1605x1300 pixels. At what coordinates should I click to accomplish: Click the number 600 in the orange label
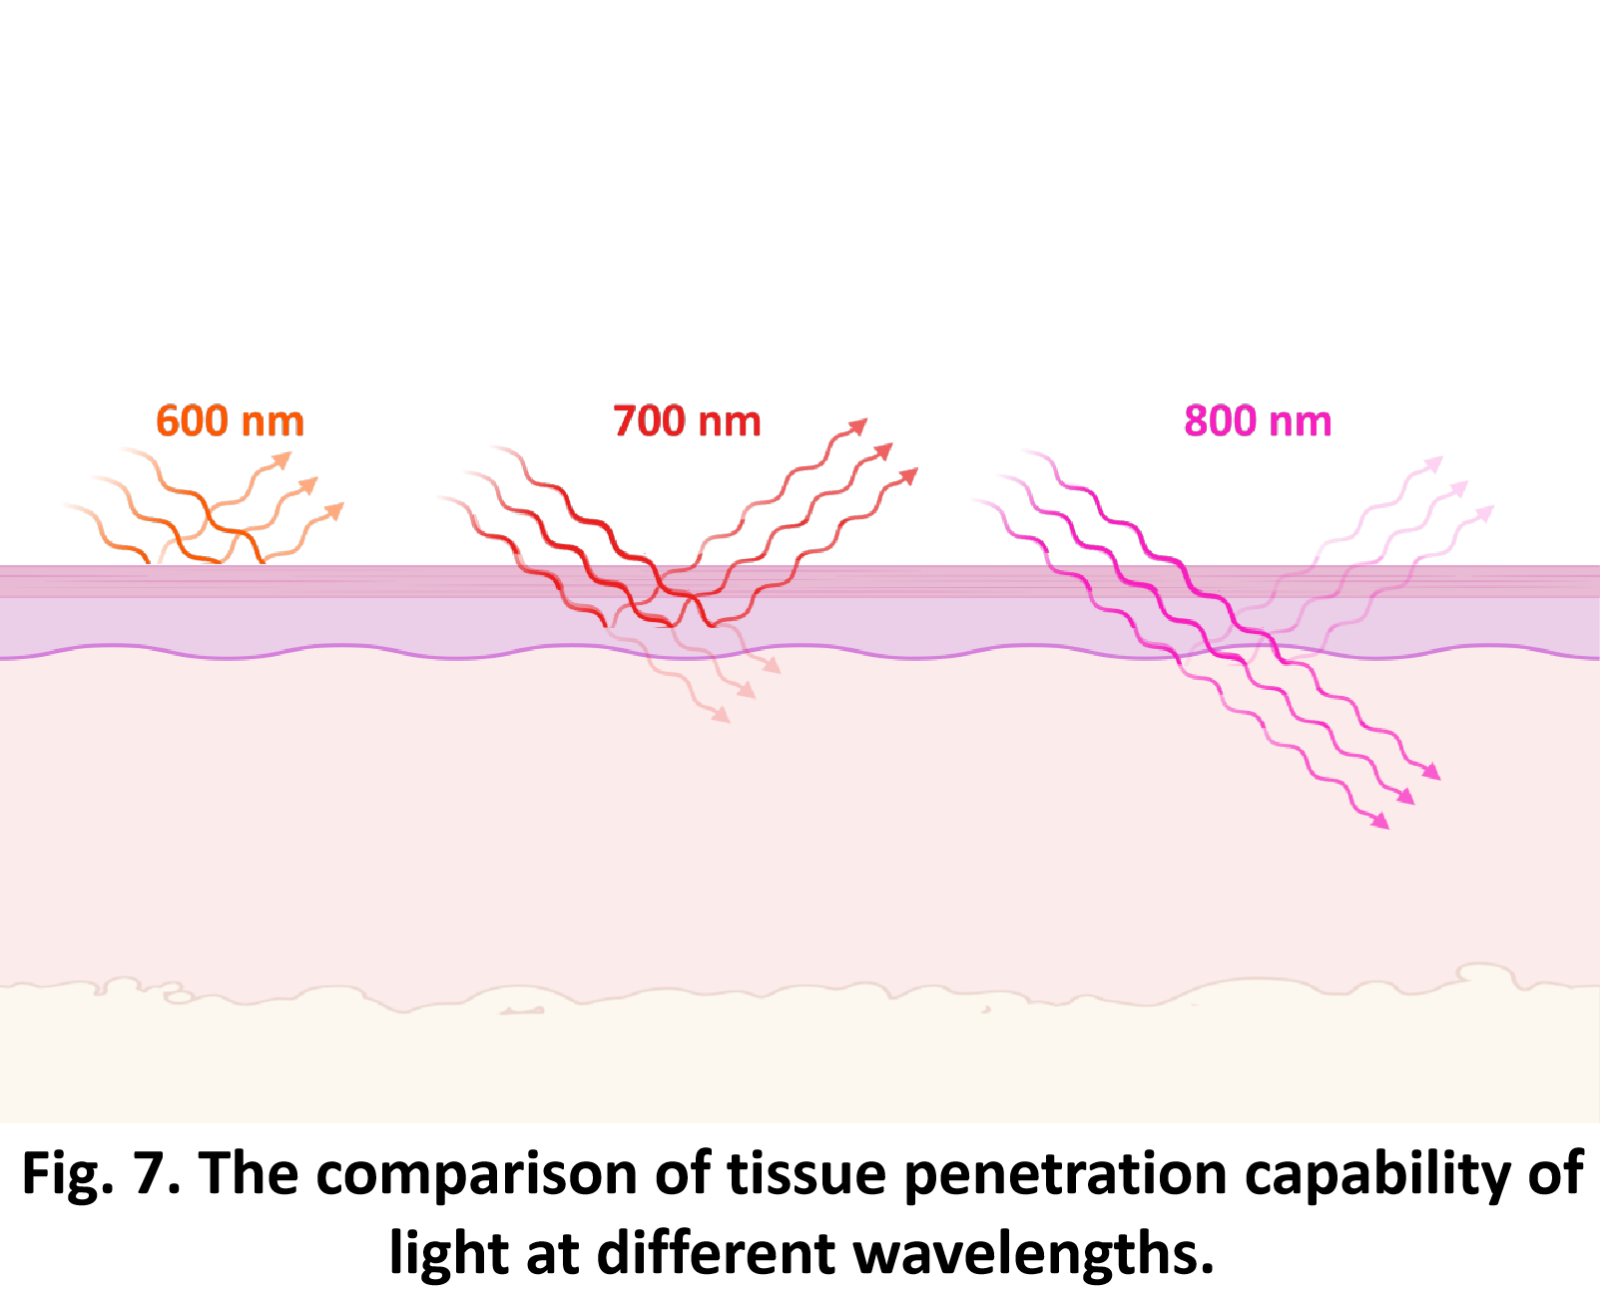tap(192, 421)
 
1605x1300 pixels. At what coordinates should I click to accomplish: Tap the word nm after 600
tap(272, 423)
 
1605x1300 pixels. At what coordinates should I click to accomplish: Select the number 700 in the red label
tap(649, 421)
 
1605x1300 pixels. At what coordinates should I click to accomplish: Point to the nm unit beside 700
tap(730, 423)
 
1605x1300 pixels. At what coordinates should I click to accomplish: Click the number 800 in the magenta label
tap(1220, 421)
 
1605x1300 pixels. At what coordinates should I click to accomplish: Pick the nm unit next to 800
tap(1301, 423)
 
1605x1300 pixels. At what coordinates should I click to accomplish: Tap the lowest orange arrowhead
tap(336, 510)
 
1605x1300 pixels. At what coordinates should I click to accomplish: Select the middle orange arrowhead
tap(310, 484)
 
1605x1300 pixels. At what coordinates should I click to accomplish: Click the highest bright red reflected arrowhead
tap(859, 426)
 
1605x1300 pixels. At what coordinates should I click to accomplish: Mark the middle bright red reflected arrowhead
tap(884, 450)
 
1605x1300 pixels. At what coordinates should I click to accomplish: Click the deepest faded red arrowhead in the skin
tap(722, 715)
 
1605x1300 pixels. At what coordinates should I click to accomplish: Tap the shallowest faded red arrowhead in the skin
tap(773, 666)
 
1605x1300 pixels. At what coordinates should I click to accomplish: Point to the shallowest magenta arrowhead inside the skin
tap(1432, 772)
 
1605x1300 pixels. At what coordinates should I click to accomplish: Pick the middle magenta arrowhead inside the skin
tap(1406, 797)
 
